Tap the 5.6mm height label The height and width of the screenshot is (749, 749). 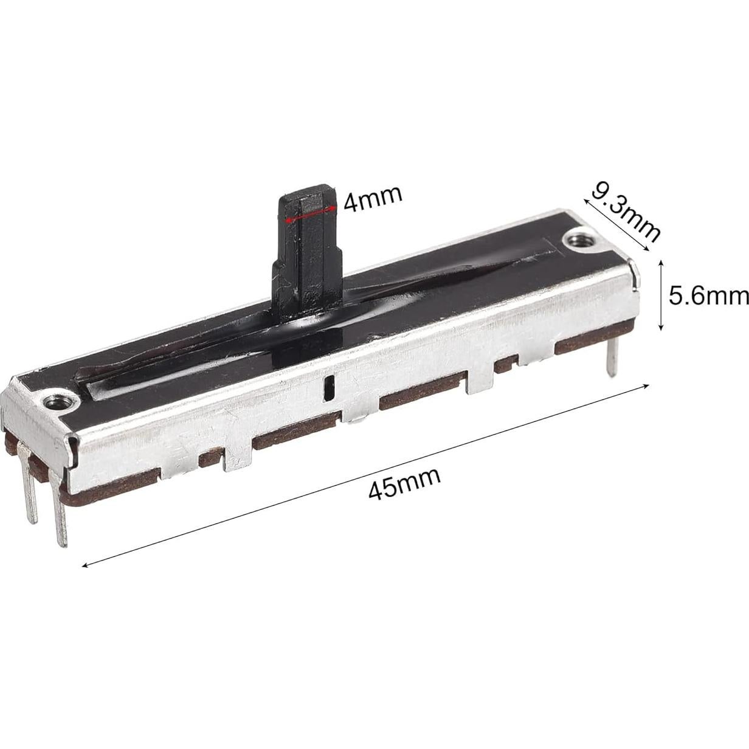coord(708,295)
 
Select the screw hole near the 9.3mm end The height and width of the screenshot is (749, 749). coord(577,240)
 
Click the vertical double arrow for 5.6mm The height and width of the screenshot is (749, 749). coord(661,295)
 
